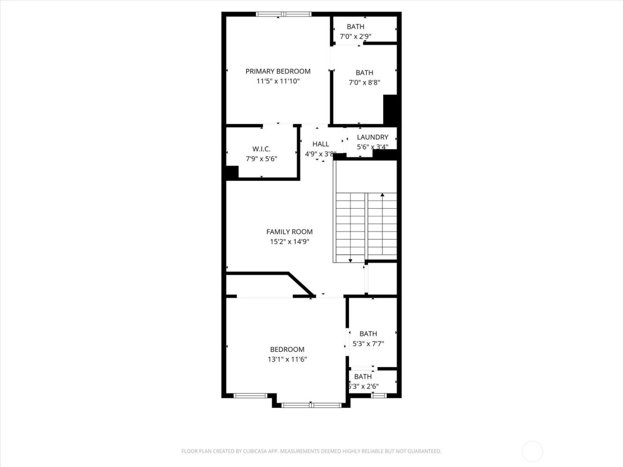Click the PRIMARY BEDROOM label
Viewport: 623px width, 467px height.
click(278, 71)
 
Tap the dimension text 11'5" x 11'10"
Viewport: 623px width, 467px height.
click(278, 81)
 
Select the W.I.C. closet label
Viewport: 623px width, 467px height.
click(261, 149)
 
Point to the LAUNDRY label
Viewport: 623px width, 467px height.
click(372, 137)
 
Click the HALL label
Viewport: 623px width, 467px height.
click(320, 144)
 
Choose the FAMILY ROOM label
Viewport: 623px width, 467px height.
click(289, 232)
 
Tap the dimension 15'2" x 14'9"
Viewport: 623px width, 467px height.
click(289, 242)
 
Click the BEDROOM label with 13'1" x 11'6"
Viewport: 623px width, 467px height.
click(287, 350)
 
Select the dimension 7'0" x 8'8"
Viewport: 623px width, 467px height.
click(364, 82)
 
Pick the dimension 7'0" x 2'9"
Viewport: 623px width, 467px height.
click(355, 36)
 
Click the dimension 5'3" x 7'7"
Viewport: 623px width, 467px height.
click(368, 343)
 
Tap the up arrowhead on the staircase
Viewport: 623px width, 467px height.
click(382, 195)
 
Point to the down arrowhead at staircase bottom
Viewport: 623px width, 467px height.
click(350, 260)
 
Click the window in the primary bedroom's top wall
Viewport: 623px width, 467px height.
click(283, 14)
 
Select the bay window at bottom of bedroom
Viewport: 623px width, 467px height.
click(311, 405)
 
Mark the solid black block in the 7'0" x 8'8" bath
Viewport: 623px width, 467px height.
click(390, 109)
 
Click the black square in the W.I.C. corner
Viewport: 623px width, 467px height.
click(232, 172)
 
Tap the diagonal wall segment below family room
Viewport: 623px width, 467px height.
click(301, 284)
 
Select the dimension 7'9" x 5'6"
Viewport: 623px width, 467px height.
click(261, 159)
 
